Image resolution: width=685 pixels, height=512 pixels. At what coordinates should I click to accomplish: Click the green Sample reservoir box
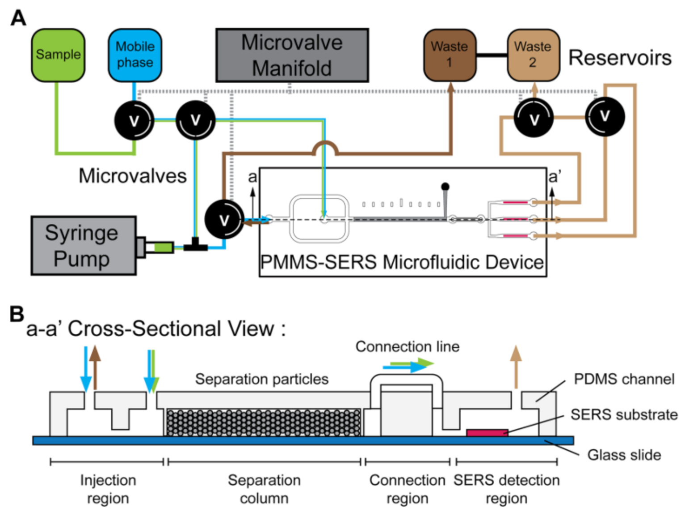tap(58, 55)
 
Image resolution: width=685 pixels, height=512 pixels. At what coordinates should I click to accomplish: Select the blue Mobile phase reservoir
tap(135, 55)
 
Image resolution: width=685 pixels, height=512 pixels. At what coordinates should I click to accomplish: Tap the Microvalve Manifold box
tap(292, 55)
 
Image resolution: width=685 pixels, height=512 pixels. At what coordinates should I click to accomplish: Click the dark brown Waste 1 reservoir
tap(450, 55)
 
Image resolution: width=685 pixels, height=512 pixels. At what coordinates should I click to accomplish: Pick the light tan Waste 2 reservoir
tap(533, 55)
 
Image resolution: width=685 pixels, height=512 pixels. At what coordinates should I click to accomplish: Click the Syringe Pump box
tap(83, 246)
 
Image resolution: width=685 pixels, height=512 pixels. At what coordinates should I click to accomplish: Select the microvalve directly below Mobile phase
tap(134, 120)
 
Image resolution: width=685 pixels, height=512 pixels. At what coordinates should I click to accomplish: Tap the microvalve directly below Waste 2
tap(534, 118)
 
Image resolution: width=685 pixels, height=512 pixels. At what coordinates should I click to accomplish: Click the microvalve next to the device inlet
tap(224, 219)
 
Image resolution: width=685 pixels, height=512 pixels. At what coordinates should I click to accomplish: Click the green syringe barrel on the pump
tap(163, 247)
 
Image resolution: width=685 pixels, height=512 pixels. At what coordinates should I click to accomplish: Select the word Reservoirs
tap(620, 58)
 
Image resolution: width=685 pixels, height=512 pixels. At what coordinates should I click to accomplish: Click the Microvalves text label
tap(133, 176)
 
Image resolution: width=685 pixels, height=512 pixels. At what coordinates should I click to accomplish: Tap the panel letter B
tap(17, 314)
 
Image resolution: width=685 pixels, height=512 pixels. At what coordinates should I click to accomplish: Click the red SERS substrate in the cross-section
tap(487, 432)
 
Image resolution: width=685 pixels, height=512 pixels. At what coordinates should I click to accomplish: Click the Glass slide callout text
tap(624, 455)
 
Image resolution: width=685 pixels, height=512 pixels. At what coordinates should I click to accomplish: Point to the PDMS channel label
tap(624, 379)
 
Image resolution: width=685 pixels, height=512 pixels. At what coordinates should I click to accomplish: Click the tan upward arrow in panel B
tap(516, 367)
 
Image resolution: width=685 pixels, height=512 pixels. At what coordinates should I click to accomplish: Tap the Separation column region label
tap(264, 489)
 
